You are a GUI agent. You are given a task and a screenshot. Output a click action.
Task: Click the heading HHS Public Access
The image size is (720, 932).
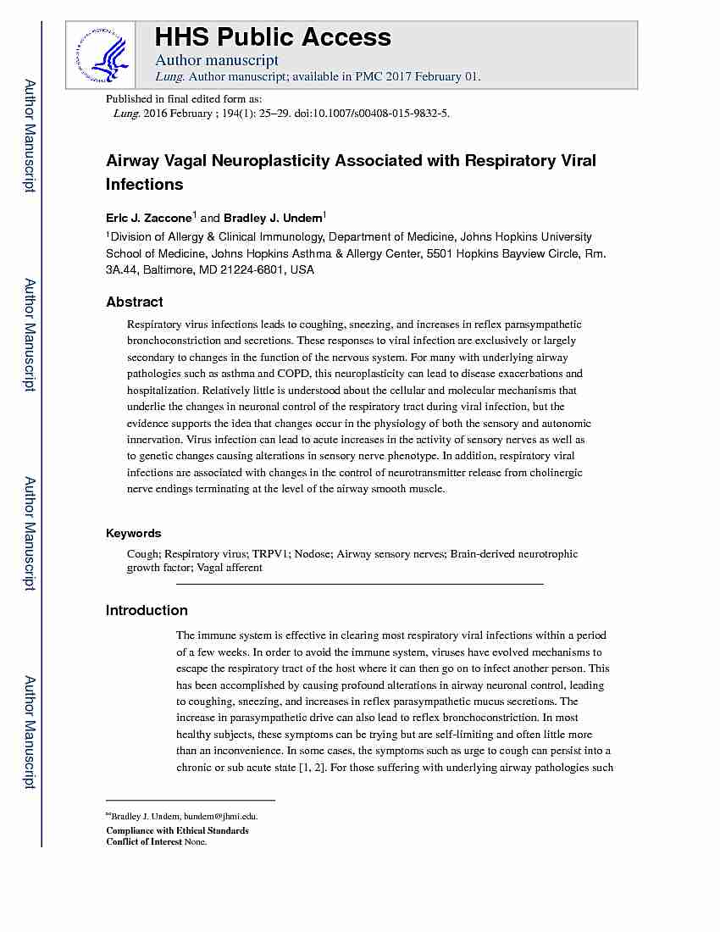pos(273,37)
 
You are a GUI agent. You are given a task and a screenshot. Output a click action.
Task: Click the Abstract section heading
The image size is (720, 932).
pos(134,302)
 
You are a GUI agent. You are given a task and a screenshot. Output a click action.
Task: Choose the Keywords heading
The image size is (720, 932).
pos(133,533)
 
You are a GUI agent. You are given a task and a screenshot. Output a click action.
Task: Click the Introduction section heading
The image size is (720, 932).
pos(147,610)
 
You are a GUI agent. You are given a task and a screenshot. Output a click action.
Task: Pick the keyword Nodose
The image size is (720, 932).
pos(313,554)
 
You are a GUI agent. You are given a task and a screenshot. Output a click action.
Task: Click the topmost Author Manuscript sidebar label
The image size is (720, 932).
pos(30,136)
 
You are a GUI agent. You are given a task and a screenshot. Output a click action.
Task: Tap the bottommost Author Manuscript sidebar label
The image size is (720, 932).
pos(30,732)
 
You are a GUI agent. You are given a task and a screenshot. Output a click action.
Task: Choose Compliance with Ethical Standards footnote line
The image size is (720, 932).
pos(177,830)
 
